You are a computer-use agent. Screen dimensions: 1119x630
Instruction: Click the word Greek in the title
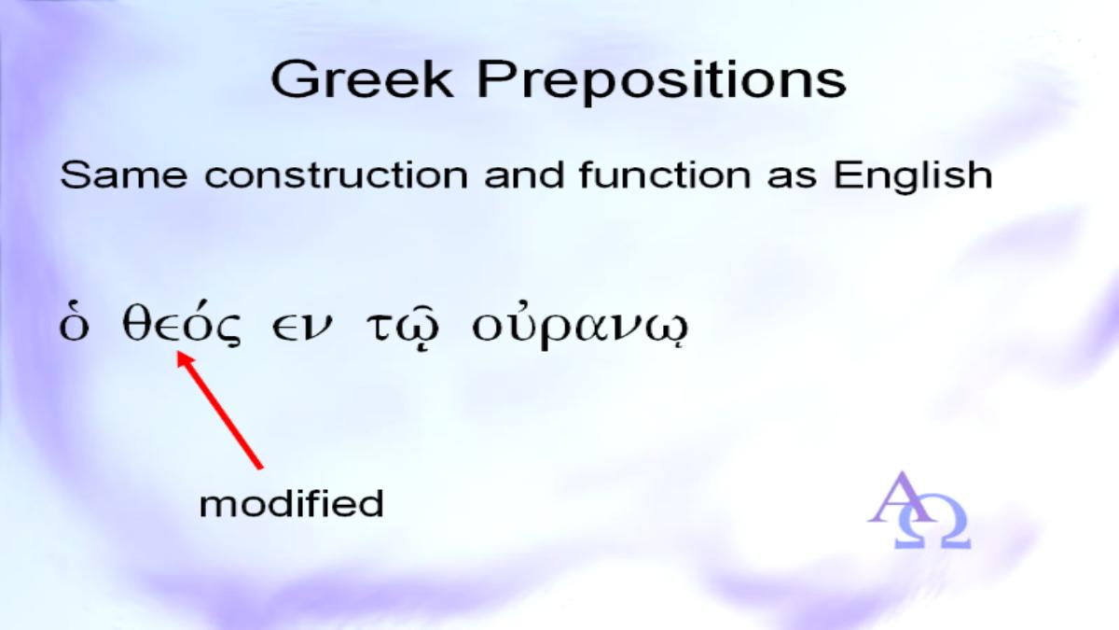pyautogui.click(x=362, y=79)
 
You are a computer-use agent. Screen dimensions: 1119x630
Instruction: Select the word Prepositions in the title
pyautogui.click(x=661, y=82)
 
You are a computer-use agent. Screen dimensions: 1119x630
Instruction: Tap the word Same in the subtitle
pyautogui.click(x=123, y=175)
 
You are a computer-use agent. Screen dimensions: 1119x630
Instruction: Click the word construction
pyautogui.click(x=337, y=176)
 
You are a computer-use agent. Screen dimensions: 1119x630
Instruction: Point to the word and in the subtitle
pyautogui.click(x=524, y=175)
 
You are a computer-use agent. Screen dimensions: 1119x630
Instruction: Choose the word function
pyautogui.click(x=665, y=175)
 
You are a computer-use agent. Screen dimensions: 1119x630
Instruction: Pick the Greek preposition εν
pyautogui.click(x=300, y=328)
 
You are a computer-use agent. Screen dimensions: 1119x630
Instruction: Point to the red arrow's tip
pyautogui.click(x=178, y=351)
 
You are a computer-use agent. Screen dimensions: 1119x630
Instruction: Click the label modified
pyautogui.click(x=292, y=504)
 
